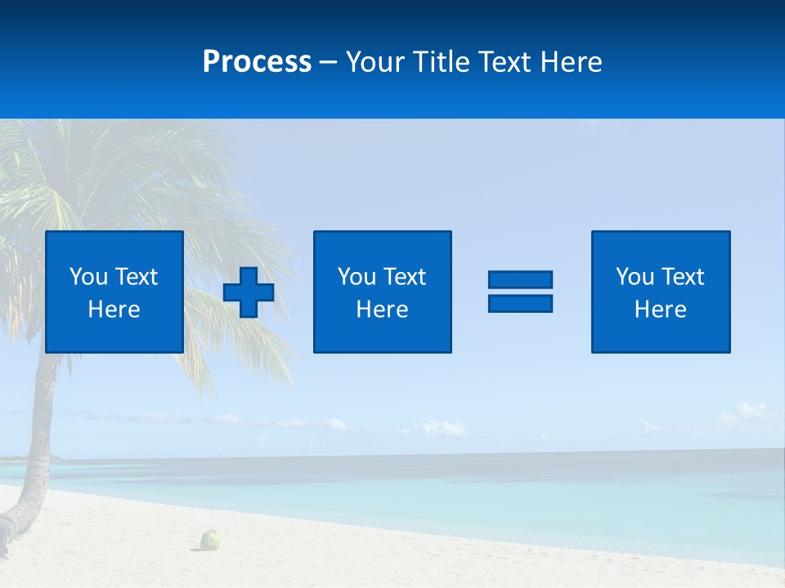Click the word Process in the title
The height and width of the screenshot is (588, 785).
257,61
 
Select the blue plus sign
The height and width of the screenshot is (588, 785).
249,292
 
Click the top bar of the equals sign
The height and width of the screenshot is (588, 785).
520,279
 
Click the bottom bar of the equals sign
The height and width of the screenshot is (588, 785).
520,303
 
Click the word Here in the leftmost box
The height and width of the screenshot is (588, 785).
114,310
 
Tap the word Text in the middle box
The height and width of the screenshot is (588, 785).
405,277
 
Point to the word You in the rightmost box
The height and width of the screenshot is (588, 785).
635,277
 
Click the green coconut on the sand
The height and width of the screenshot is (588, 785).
212,539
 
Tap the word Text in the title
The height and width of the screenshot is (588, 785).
505,62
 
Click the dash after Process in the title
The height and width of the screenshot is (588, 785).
329,62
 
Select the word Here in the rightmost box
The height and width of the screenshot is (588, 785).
660,310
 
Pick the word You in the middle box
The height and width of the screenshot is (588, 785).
357,277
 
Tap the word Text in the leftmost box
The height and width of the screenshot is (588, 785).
137,277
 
